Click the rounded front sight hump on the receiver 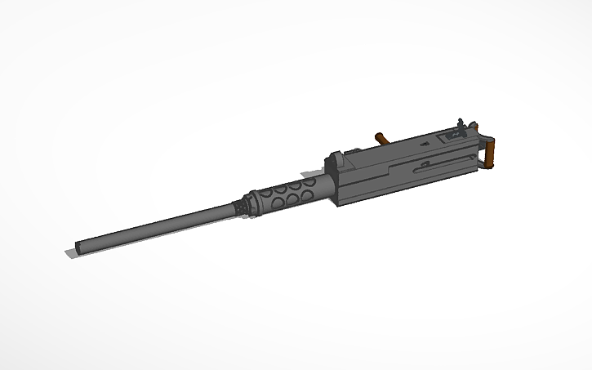tap(336, 158)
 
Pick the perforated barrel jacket tap(290, 195)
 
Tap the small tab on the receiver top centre tap(424, 144)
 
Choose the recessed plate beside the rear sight tap(448, 138)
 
